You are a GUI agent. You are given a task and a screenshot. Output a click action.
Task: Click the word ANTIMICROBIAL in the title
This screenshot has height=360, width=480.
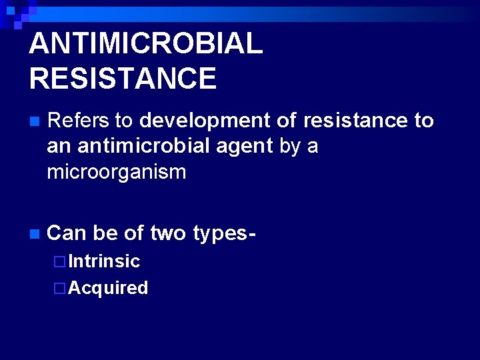pyautogui.click(x=146, y=44)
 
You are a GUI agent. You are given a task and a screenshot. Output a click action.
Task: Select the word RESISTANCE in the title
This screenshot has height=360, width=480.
pyautogui.click(x=123, y=78)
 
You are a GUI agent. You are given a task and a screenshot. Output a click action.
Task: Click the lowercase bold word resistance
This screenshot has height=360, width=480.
pyautogui.click(x=355, y=121)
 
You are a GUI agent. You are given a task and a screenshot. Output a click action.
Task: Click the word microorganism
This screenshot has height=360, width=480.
pyautogui.click(x=117, y=173)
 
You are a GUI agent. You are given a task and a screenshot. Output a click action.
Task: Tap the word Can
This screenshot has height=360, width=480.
pyautogui.click(x=67, y=233)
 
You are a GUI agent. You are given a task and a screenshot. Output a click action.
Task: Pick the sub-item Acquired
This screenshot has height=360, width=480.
pyautogui.click(x=108, y=288)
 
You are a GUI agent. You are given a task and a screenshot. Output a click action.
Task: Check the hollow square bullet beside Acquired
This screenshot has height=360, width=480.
pyautogui.click(x=59, y=289)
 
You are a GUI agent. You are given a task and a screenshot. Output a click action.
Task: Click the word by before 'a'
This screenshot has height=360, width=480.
pyautogui.click(x=290, y=147)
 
